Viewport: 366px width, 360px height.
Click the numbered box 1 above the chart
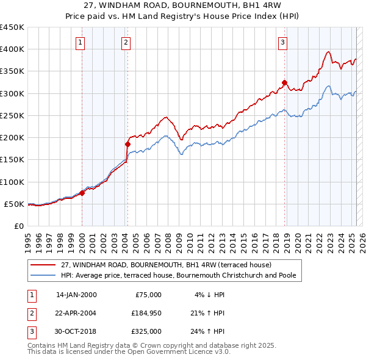(81, 42)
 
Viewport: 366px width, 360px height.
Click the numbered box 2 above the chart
(125, 42)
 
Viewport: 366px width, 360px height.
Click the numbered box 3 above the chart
(283, 42)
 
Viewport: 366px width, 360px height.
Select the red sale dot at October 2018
(284, 82)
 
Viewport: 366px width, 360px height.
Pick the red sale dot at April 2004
(127, 144)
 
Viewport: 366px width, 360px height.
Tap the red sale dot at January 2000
(82, 193)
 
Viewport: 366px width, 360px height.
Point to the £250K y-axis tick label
(12, 115)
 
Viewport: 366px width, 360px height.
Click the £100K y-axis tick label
(12, 182)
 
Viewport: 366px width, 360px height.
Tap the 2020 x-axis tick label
(297, 237)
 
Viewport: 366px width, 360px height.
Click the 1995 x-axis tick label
(27, 237)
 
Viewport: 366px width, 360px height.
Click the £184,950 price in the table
(146, 313)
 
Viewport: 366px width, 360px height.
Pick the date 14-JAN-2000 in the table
(76, 295)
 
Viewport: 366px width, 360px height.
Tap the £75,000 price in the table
(148, 295)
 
